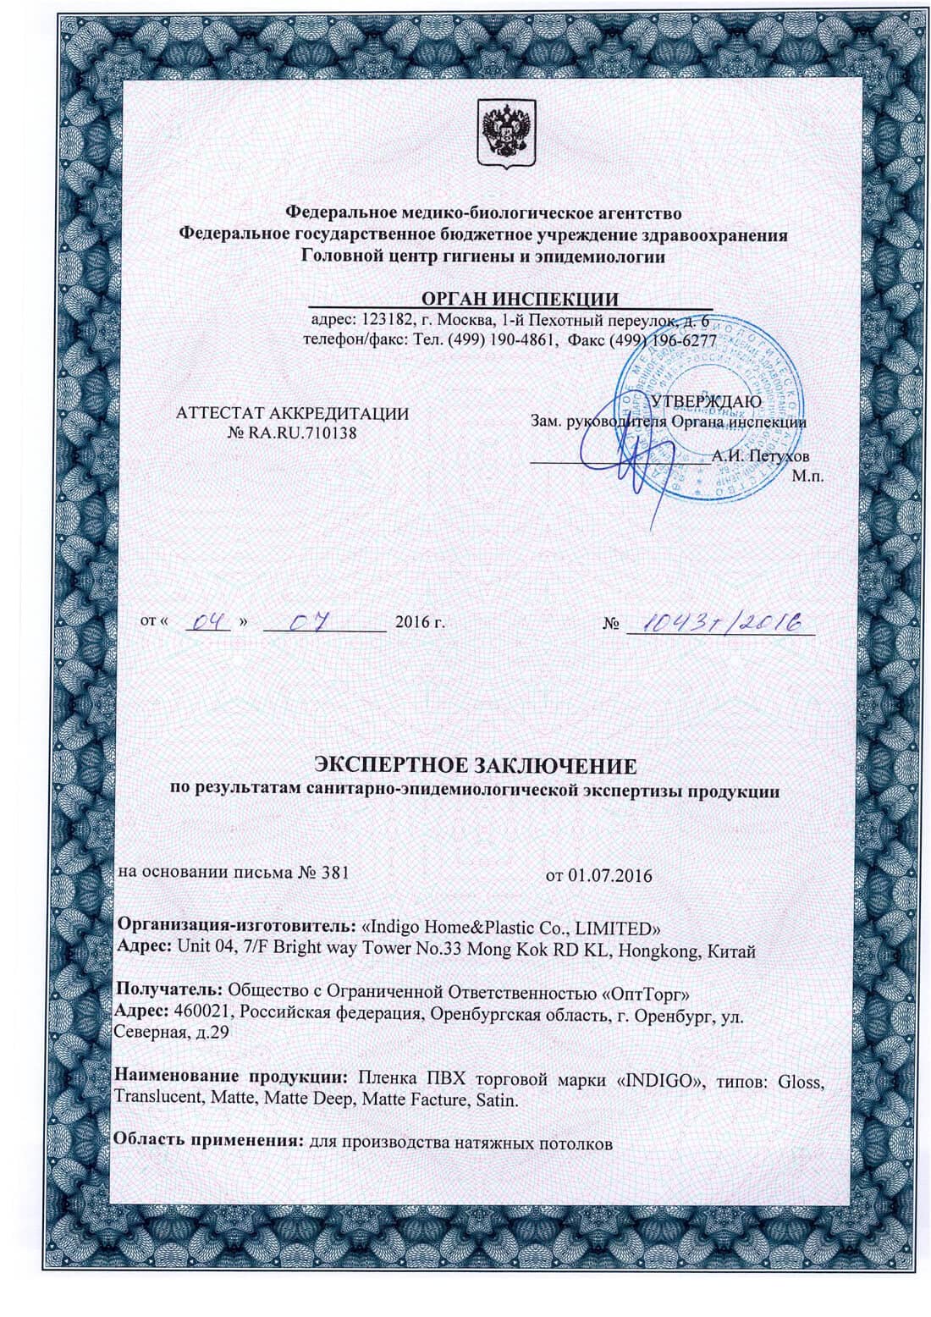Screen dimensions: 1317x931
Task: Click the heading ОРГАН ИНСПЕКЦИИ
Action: coord(520,299)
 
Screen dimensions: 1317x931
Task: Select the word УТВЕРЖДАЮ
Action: coord(705,400)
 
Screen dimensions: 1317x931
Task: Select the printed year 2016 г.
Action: coord(420,623)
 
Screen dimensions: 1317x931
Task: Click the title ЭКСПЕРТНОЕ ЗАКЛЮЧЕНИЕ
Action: coord(475,767)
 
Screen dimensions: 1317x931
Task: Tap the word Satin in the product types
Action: coord(496,1099)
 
